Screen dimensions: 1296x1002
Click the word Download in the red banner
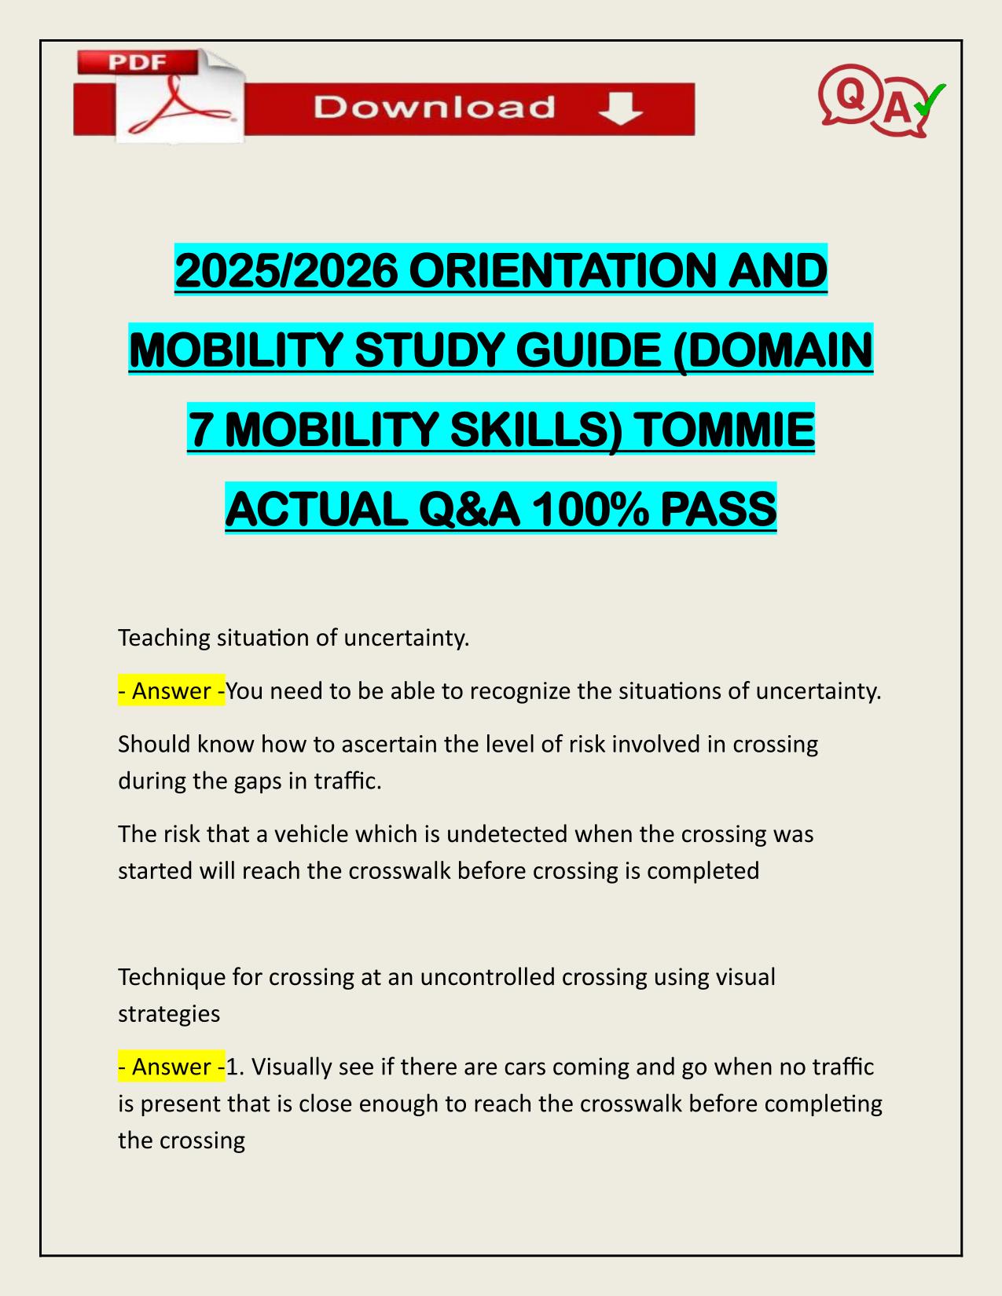(x=434, y=108)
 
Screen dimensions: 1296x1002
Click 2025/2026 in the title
(x=286, y=271)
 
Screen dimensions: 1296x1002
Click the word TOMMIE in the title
(x=724, y=430)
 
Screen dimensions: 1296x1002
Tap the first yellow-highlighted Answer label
(x=171, y=691)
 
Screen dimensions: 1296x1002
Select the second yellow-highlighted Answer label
(x=171, y=1067)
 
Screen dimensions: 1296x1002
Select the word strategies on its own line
(x=169, y=1014)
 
